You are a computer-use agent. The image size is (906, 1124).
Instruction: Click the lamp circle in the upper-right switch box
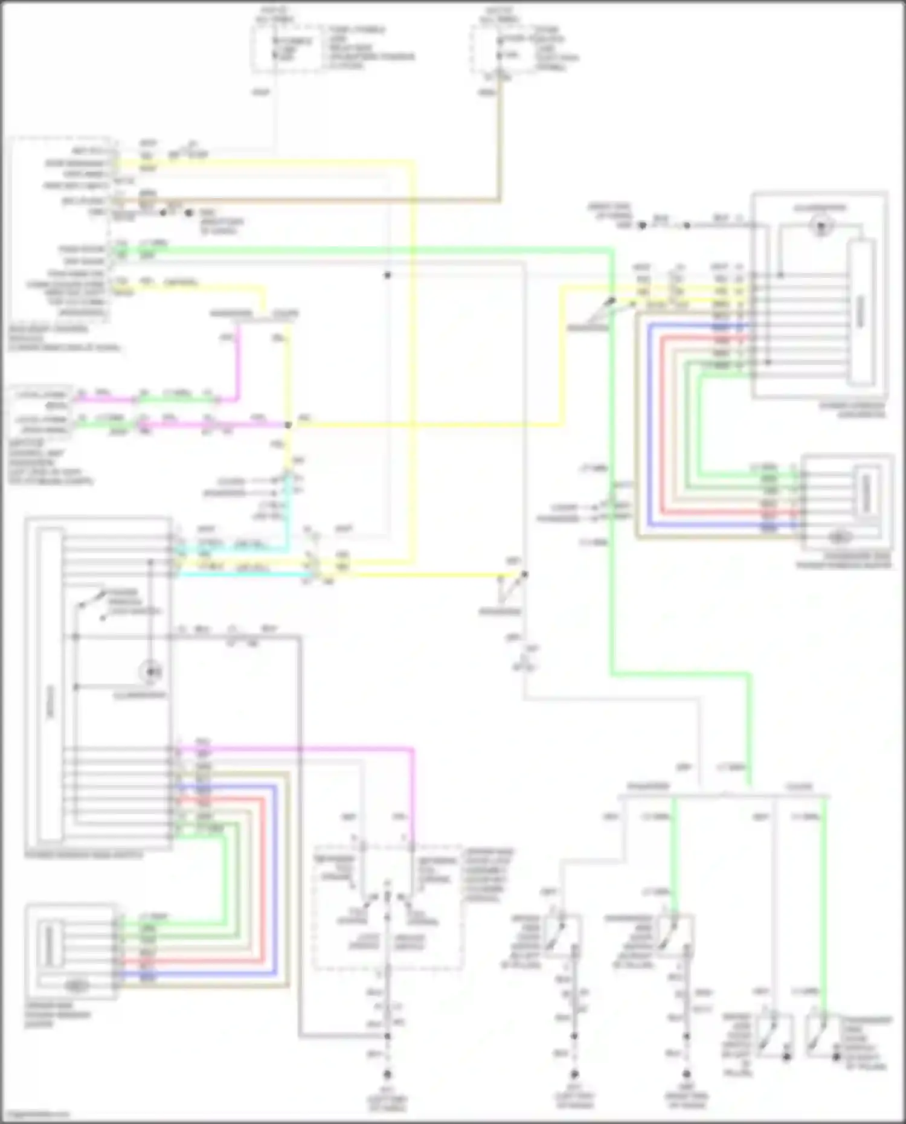click(x=821, y=227)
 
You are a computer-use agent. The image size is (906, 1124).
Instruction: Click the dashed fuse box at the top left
click(x=288, y=48)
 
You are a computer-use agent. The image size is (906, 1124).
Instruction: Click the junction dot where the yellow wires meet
click(x=288, y=425)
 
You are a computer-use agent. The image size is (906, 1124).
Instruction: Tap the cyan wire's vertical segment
click(x=288, y=513)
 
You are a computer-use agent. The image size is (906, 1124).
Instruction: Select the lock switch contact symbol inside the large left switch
click(x=91, y=604)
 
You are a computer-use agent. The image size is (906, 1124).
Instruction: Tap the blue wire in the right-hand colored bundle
click(x=650, y=423)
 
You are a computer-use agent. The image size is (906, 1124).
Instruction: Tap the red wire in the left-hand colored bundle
click(x=263, y=876)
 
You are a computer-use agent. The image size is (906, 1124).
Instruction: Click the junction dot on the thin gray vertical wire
click(x=388, y=275)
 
